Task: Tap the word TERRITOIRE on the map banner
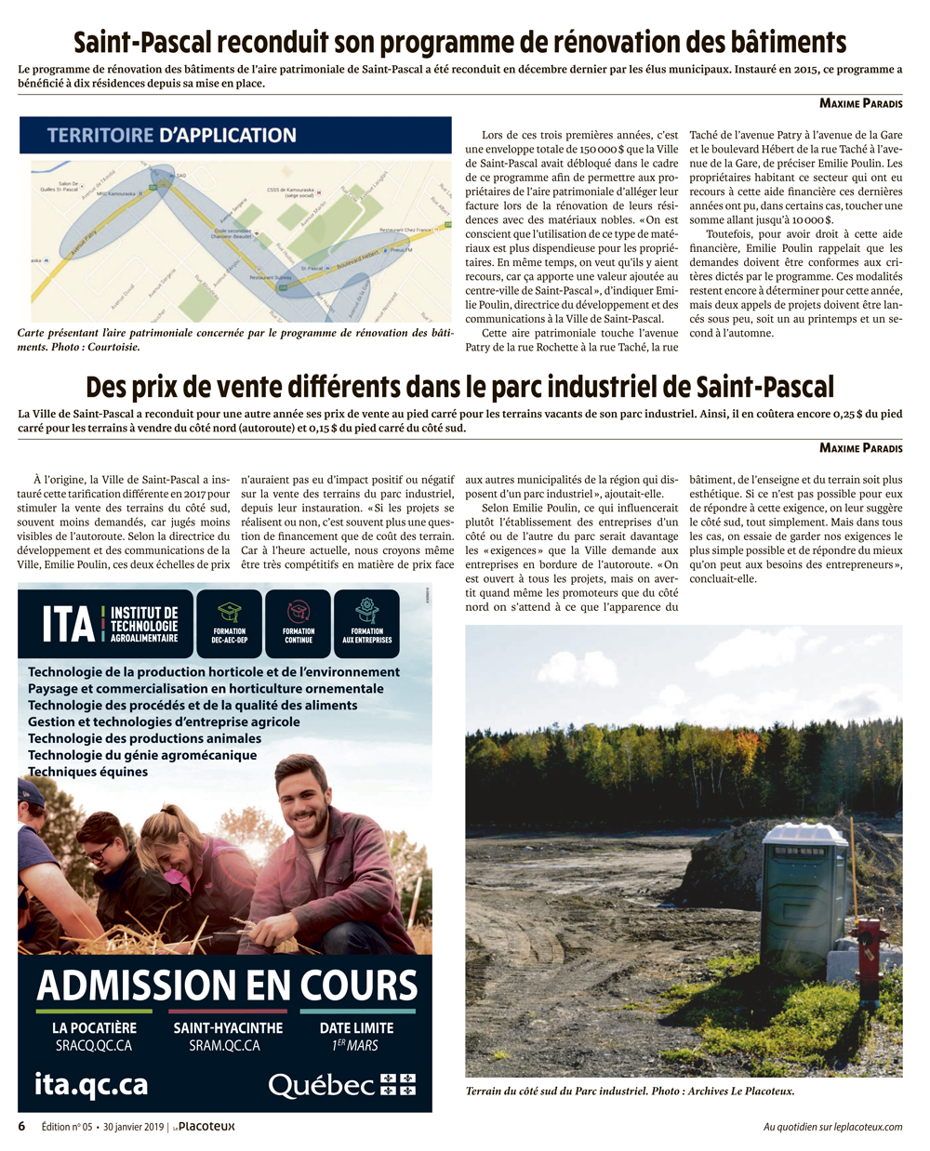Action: point(100,135)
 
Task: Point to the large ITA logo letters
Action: point(68,625)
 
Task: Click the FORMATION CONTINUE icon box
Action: point(299,623)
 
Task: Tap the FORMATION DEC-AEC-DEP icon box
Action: point(230,623)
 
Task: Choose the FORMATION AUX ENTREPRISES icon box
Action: point(367,623)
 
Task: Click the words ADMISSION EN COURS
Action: point(226,985)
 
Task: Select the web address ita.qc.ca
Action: point(91,1084)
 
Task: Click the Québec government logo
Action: point(341,1085)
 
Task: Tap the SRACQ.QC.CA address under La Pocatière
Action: point(94,1046)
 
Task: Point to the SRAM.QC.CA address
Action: point(228,1046)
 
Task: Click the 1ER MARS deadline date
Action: point(356,1046)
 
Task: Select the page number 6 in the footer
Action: point(22,1127)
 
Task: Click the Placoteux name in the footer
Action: point(206,1127)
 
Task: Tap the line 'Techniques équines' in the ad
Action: point(87,772)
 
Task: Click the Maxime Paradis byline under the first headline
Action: point(860,103)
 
